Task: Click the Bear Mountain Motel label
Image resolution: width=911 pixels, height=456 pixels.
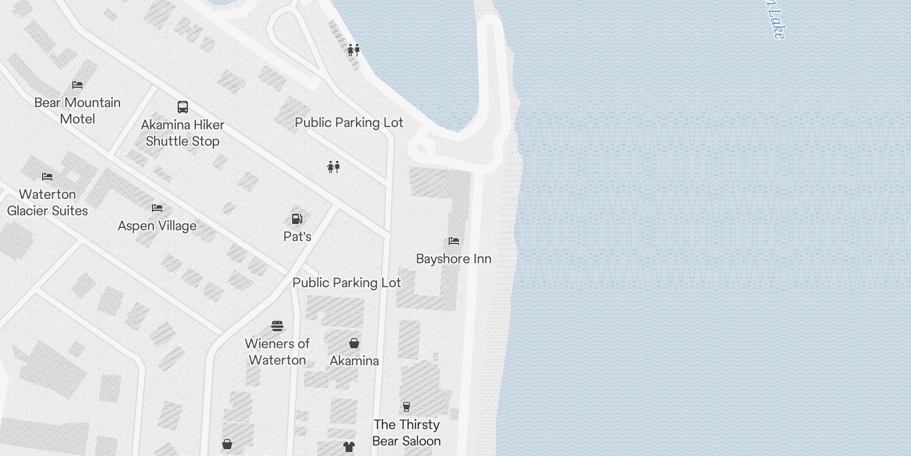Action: coord(77,111)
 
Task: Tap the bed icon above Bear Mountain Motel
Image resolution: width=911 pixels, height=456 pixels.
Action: coord(77,85)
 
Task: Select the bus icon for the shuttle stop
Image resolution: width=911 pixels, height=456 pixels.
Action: coord(183,107)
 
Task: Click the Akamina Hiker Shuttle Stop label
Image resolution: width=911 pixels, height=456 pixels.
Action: coord(183,133)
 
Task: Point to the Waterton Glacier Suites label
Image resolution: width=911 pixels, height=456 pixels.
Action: coord(47,202)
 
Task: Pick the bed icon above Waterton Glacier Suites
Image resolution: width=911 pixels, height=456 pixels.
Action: coord(47,177)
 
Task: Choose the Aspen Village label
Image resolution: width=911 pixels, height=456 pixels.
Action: coord(157,226)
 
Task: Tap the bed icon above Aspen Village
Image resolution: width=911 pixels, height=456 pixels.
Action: coord(157,208)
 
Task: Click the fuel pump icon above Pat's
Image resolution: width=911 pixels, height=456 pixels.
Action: coord(297,219)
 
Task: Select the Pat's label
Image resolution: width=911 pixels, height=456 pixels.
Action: coord(297,236)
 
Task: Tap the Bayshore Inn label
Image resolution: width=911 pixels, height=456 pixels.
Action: coord(454,259)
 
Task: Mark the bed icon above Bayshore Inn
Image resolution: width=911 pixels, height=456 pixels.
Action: coord(454,241)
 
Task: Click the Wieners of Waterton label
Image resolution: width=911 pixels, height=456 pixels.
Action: coord(277,352)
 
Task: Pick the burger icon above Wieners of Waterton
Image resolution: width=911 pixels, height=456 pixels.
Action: coord(277,326)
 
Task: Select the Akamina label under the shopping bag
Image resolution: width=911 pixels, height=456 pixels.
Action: coord(354,361)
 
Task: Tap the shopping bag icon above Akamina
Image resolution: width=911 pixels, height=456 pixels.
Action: coord(354,343)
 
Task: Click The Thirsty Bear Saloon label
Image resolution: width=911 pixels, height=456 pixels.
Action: coord(407,433)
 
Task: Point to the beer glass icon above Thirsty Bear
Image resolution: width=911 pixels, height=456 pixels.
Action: coord(407,407)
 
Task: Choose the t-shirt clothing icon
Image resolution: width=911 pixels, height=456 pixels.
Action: coord(349,447)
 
